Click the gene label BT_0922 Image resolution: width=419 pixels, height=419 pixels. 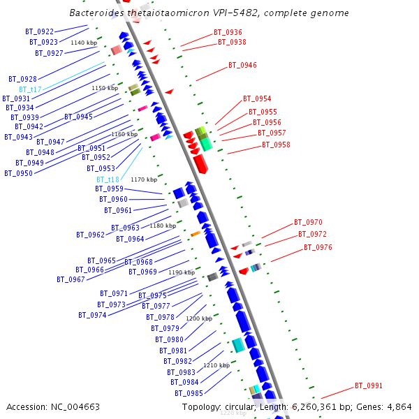tap(39, 32)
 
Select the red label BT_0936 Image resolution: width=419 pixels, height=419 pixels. tap(228, 33)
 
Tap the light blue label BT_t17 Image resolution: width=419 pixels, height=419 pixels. tap(31, 89)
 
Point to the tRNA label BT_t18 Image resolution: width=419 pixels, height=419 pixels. tap(108, 179)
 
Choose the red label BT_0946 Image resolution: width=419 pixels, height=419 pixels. tap(242, 66)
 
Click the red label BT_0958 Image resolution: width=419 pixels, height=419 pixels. tap(276, 145)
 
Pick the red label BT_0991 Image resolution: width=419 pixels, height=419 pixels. tap(369, 385)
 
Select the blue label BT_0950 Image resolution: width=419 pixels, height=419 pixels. tap(18, 173)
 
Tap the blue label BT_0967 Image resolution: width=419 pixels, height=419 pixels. tap(71, 279)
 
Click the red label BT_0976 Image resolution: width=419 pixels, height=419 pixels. tap(318, 248)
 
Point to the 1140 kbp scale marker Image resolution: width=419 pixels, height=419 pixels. tap(84, 43)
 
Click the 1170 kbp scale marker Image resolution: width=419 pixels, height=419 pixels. tap(144, 179)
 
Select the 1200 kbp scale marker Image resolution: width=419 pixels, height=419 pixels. tap(199, 318)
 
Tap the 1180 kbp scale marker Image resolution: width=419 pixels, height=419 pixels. tap(163, 226)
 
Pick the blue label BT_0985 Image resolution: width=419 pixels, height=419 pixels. tap(189, 393)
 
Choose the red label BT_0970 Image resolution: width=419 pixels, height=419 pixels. tap(308, 222)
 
